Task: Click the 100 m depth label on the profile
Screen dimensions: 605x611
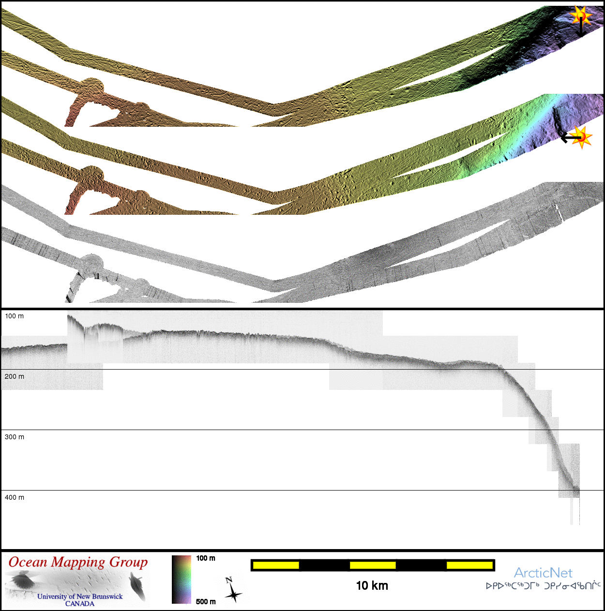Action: tap(14, 316)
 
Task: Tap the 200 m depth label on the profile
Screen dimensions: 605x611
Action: tap(14, 377)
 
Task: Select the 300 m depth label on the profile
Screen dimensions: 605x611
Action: tap(14, 437)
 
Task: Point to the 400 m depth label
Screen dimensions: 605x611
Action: tap(14, 497)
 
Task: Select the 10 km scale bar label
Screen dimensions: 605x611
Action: tap(372, 586)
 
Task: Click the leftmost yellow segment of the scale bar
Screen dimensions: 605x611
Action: tap(276, 566)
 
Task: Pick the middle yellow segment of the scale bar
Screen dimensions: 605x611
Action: tap(373, 566)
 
